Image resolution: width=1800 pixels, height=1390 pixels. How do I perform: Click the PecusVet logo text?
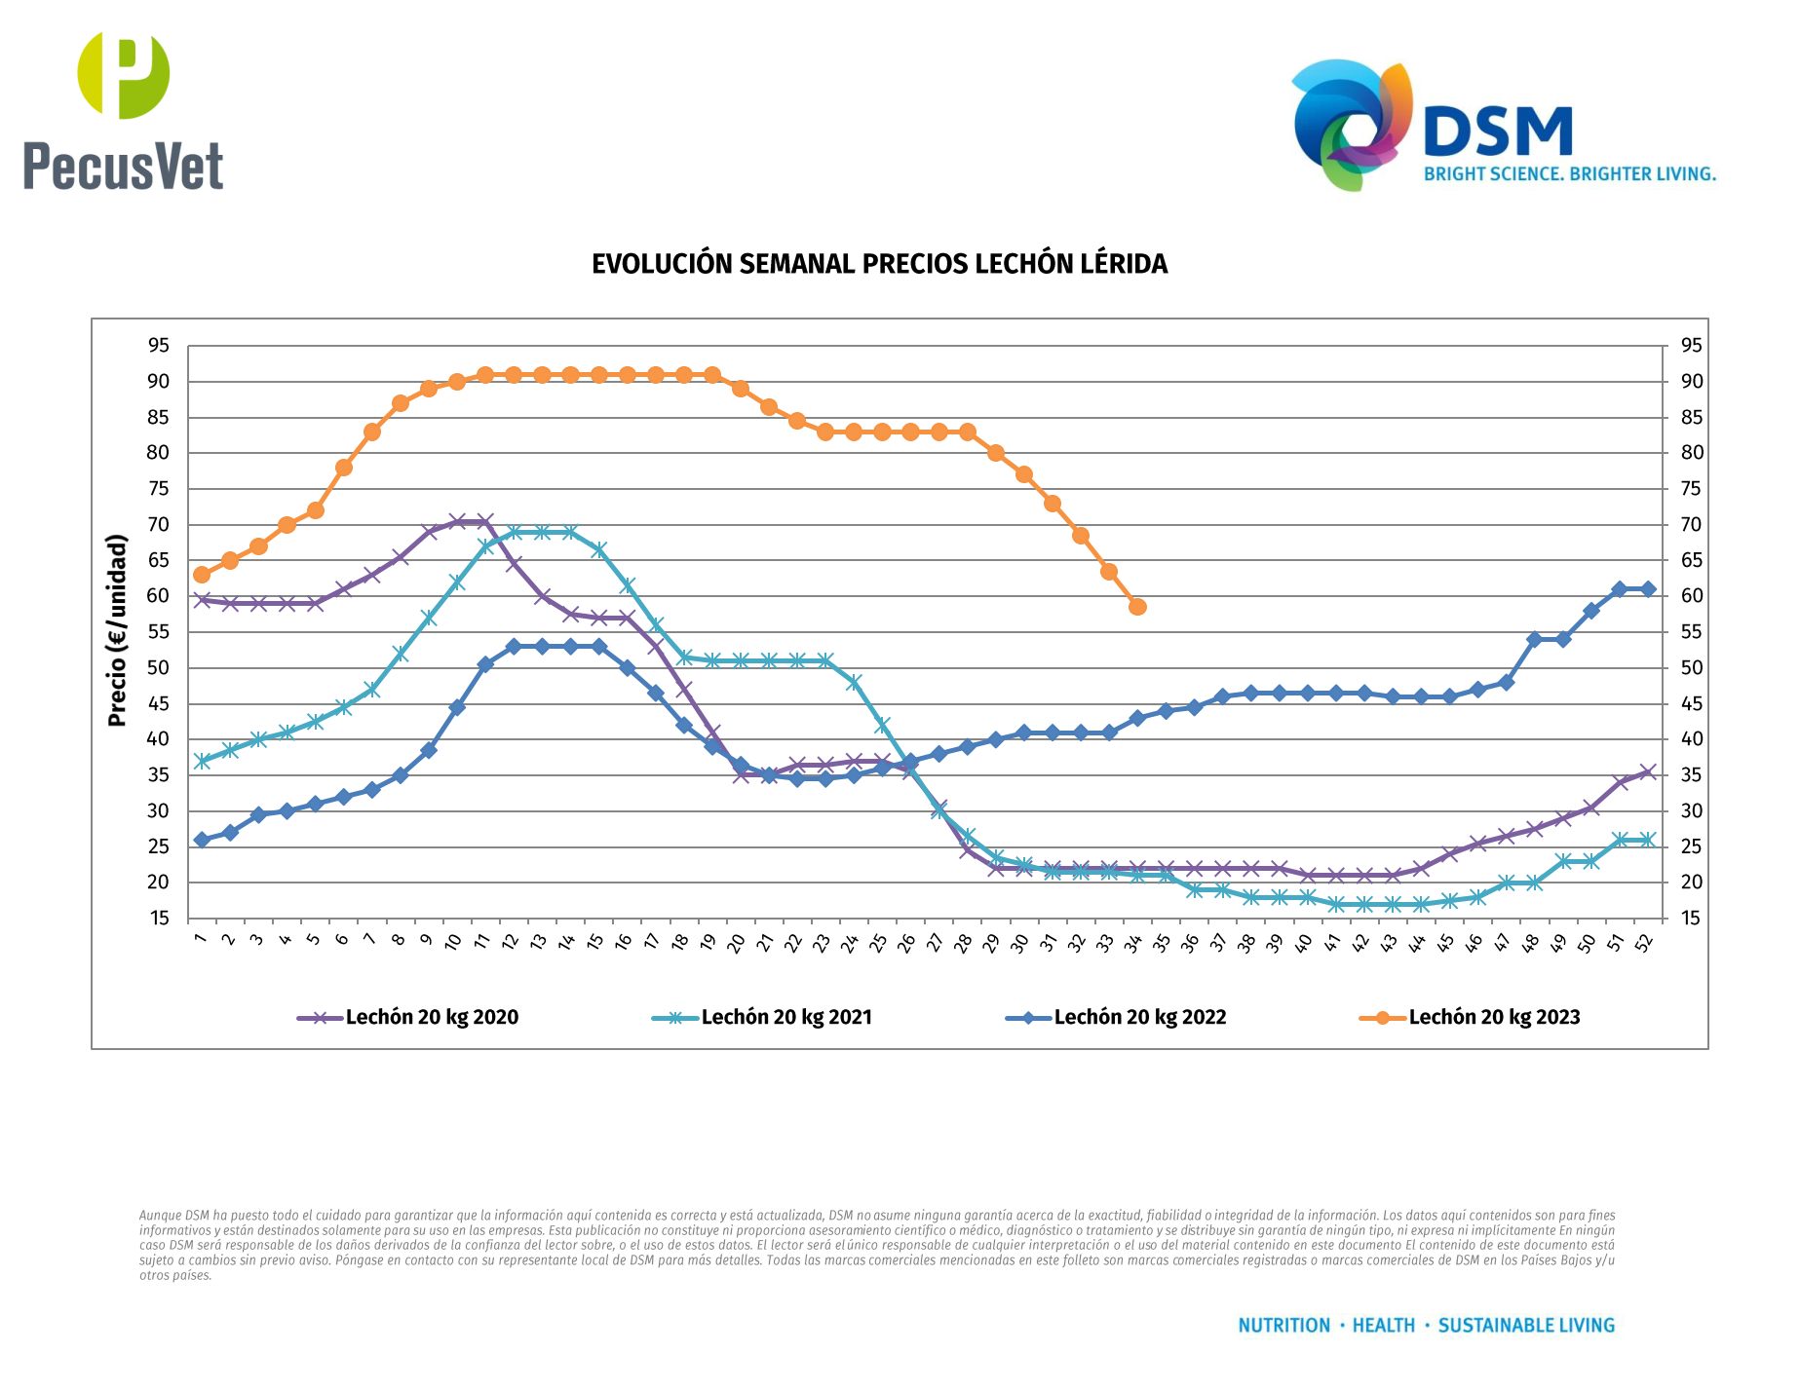click(124, 166)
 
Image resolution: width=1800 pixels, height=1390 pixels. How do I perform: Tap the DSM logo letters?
click(1498, 132)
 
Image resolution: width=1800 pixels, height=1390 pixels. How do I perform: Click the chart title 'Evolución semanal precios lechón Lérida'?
click(879, 264)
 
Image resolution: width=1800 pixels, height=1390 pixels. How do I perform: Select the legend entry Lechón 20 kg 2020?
click(431, 1017)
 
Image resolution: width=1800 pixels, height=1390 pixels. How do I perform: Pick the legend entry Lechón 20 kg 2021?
click(785, 1017)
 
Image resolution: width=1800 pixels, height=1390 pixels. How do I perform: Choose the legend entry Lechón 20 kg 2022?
click(1139, 1017)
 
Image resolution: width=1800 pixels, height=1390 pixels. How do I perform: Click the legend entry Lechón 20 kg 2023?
click(1494, 1017)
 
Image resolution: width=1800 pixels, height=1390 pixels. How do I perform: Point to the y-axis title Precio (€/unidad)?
click(118, 630)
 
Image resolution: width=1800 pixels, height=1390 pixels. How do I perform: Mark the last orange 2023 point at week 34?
click(1137, 607)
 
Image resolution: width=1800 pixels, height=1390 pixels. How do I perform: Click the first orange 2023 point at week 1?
click(202, 575)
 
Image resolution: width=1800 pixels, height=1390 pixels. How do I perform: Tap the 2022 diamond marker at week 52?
click(1648, 589)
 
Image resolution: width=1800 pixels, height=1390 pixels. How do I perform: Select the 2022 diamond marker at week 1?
click(202, 840)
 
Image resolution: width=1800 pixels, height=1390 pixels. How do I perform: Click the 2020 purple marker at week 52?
click(1648, 771)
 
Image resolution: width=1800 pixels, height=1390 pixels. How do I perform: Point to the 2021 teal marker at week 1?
click(202, 761)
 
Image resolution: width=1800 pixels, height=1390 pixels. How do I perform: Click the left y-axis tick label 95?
click(159, 346)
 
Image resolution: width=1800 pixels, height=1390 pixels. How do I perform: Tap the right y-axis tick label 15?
click(1691, 919)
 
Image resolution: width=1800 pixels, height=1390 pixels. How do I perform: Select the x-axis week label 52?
click(1644, 942)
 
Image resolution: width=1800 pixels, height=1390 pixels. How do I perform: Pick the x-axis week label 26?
click(906, 942)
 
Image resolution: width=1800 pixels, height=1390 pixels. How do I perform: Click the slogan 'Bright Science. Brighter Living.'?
click(1569, 174)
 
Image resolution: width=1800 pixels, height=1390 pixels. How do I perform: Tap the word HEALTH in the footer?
click(1383, 1326)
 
